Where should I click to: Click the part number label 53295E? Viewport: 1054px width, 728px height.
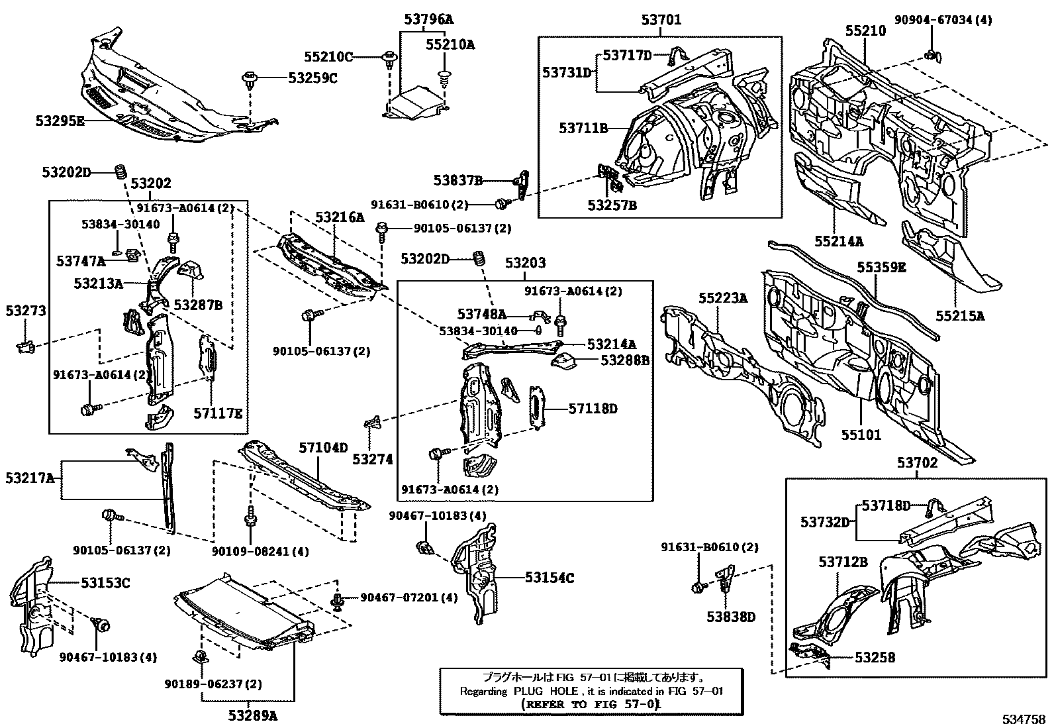[60, 121]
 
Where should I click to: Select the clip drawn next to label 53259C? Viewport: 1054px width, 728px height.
[250, 81]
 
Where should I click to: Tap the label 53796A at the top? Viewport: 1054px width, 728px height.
[428, 20]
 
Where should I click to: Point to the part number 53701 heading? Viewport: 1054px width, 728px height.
[660, 21]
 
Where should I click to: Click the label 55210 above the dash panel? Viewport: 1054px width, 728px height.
[865, 30]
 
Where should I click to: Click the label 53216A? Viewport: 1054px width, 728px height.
[340, 217]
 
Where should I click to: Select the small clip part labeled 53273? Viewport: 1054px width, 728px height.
[24, 345]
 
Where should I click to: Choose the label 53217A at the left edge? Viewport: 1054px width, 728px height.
[30, 478]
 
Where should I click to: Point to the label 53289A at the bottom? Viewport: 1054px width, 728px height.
[252, 715]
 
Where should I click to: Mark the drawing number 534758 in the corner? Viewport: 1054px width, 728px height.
[1024, 718]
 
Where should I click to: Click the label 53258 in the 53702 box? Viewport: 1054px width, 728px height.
[875, 657]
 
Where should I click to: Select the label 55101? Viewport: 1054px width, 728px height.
[861, 435]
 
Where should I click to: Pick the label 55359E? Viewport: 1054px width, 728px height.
[881, 267]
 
